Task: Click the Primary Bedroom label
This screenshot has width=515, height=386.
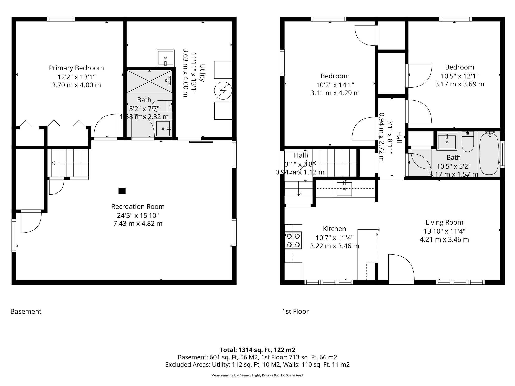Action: pos(76,68)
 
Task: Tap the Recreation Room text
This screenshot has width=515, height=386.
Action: pos(138,207)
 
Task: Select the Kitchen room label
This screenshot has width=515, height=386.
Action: pos(334,229)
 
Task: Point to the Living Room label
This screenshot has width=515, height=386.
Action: pos(444,222)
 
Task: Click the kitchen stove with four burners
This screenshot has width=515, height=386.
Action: pos(293,240)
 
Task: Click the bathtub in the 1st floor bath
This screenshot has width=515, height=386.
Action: pos(489,154)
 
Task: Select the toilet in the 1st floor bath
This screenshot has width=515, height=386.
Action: pos(468,142)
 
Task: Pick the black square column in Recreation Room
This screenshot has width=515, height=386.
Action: pos(122,191)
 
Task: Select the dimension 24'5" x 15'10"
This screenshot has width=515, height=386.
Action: pos(138,215)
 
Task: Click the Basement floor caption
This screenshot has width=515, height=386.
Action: pos(26,311)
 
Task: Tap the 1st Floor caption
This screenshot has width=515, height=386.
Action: pos(295,311)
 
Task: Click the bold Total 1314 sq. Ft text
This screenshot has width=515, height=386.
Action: pos(257,350)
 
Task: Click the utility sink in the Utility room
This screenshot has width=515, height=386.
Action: pos(165,58)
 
